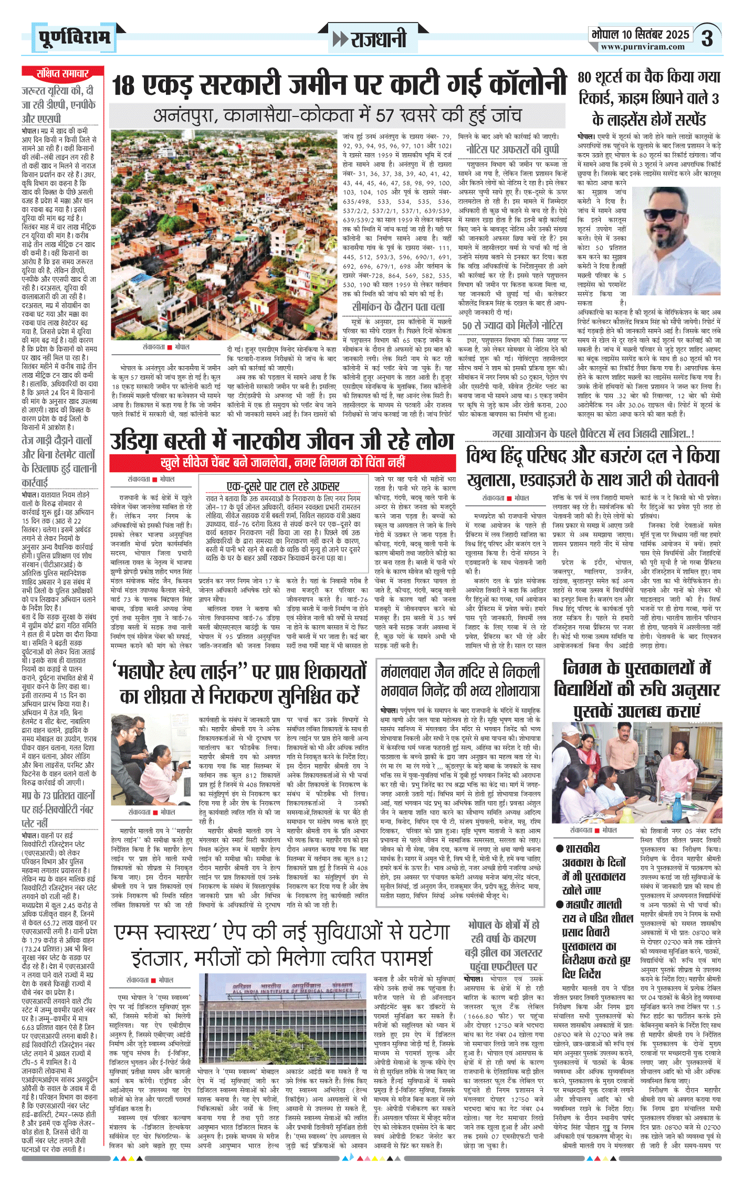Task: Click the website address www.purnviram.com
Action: (643, 47)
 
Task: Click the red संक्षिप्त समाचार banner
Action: (62, 73)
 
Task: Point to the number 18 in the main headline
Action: (124, 86)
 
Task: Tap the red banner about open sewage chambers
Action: (283, 462)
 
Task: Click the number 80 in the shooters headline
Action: (584, 77)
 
